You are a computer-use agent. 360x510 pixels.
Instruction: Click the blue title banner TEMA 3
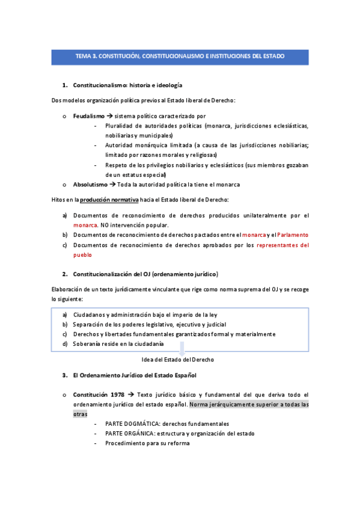(180, 57)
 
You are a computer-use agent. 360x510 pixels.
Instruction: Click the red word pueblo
(83, 254)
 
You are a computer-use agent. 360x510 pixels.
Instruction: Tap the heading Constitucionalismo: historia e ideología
(127, 85)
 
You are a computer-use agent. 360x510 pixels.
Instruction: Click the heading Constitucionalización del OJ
(145, 274)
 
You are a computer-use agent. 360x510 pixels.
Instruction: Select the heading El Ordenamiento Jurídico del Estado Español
(134, 375)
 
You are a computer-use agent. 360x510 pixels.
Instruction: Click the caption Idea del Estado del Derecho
(177, 359)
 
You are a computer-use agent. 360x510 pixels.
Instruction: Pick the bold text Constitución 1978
(99, 395)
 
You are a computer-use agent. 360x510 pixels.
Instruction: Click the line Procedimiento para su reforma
(147, 443)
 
